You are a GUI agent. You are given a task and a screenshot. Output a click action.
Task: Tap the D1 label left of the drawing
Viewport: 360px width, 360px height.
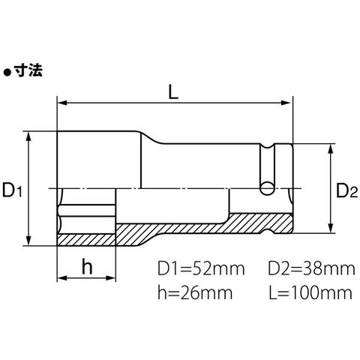coord(12,190)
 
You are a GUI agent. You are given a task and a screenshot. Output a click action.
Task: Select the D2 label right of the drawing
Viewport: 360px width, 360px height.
coord(346,190)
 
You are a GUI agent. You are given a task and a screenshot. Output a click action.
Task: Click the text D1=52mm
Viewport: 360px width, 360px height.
coord(201,268)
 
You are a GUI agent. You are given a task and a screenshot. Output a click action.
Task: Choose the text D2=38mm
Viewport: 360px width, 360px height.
coord(311,268)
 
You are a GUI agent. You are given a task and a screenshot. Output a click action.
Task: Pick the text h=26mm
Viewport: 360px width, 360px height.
coord(195,292)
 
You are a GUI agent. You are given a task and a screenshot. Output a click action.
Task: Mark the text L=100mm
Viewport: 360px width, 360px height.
coord(310,292)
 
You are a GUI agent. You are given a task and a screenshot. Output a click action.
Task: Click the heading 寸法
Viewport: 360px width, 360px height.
coord(28,70)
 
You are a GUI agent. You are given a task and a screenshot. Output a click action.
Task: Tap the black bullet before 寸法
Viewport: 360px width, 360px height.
coord(7,73)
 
